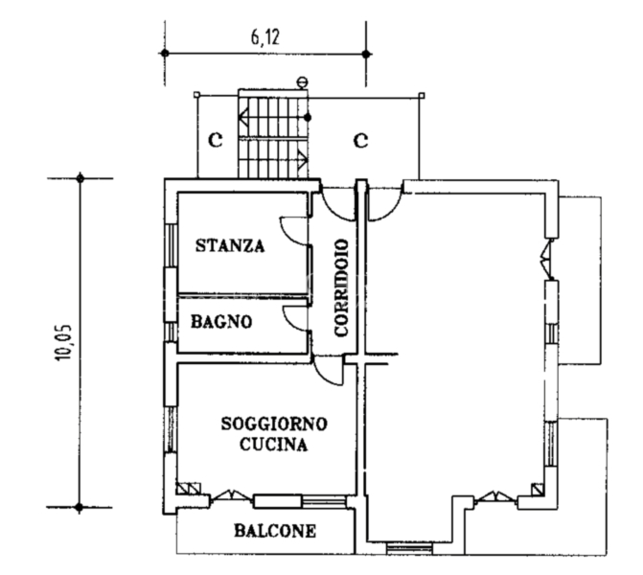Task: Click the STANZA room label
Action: (230, 245)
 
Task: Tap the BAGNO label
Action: (221, 323)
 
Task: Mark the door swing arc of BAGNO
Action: (294, 318)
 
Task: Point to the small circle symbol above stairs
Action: (303, 81)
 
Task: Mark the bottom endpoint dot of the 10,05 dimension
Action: (80, 508)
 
